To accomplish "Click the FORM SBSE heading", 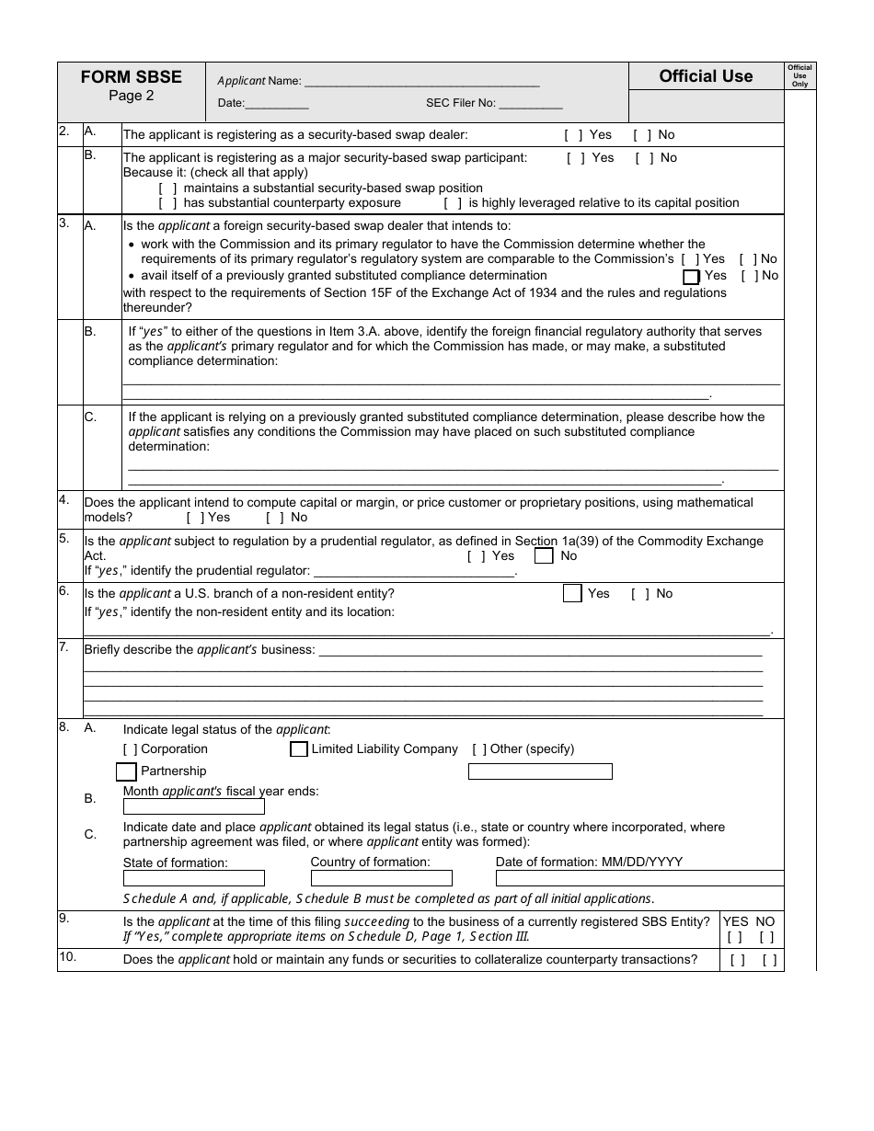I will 132,77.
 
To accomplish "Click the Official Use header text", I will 706,76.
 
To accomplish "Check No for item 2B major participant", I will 645,158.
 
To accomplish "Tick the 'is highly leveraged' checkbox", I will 453,203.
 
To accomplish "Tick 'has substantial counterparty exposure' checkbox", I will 168,203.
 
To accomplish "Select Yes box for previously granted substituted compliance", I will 691,276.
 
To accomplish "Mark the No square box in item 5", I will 544,556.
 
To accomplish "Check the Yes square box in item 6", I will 572,594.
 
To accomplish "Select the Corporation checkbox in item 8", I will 131,749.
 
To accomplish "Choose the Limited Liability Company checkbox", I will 298,749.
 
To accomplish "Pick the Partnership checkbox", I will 126,771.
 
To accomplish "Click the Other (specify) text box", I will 540,771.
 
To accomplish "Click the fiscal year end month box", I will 193,807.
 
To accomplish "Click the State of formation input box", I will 193,878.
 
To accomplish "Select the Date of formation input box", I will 639,878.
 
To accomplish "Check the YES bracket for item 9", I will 734,938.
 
